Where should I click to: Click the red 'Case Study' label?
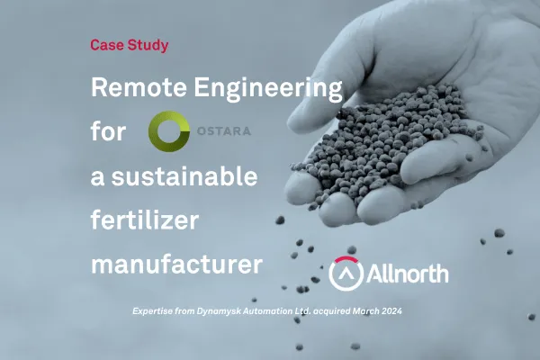coord(129,43)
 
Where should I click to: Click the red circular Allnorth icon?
coord(346,272)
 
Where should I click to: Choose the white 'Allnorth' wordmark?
coord(404,272)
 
